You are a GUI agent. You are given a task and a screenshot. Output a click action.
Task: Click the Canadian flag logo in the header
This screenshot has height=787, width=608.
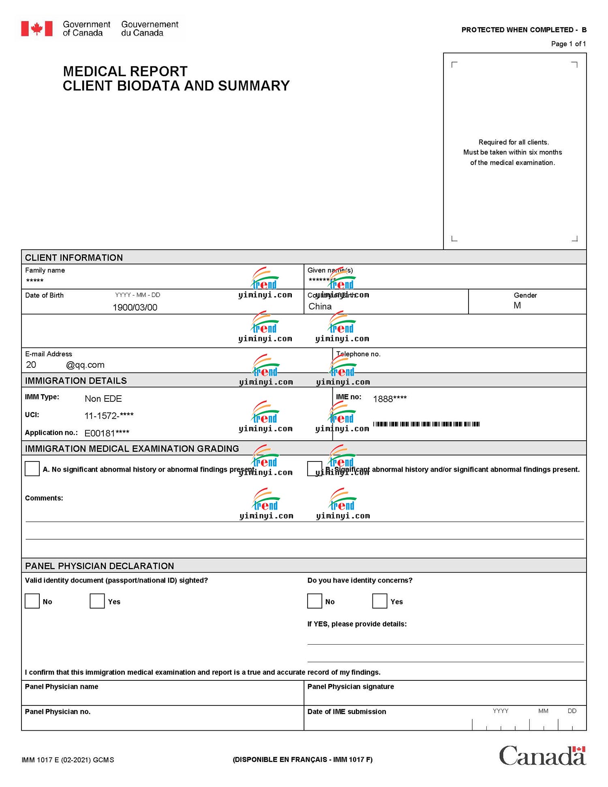[37, 29]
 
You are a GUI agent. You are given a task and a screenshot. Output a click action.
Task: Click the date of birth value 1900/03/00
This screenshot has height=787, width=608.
[135, 307]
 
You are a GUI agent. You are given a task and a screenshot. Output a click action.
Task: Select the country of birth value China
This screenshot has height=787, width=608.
[320, 307]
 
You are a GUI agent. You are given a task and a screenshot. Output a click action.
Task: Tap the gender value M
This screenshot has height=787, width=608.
[517, 305]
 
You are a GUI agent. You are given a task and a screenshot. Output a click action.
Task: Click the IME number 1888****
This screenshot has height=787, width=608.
[390, 399]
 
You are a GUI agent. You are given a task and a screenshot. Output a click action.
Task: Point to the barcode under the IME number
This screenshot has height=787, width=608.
[426, 424]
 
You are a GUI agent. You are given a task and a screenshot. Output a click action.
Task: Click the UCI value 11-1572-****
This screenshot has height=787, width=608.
[109, 416]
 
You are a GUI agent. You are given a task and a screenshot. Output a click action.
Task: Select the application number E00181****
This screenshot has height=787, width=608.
[107, 433]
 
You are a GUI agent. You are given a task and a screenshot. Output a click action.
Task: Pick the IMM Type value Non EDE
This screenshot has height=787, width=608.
[103, 399]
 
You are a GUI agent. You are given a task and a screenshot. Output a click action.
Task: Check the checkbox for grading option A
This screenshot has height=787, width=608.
[32, 468]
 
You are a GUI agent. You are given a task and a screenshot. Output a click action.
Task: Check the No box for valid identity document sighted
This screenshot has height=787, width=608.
[32, 601]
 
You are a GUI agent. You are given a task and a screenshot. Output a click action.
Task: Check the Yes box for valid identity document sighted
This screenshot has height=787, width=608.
[97, 601]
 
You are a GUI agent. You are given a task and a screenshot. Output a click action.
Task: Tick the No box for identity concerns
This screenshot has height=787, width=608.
[315, 601]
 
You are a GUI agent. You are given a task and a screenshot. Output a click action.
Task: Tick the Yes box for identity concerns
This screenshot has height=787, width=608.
[379, 601]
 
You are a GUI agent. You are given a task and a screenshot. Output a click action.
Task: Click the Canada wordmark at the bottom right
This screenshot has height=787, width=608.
[542, 756]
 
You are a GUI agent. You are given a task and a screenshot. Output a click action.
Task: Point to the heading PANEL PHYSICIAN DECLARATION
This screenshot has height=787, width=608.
[99, 566]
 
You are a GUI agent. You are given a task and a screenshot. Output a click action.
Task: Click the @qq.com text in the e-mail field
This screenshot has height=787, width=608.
[85, 365]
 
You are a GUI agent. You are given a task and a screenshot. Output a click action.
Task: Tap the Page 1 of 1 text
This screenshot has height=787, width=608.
[568, 44]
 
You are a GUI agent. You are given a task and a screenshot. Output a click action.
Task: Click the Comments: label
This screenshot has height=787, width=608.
[44, 498]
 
